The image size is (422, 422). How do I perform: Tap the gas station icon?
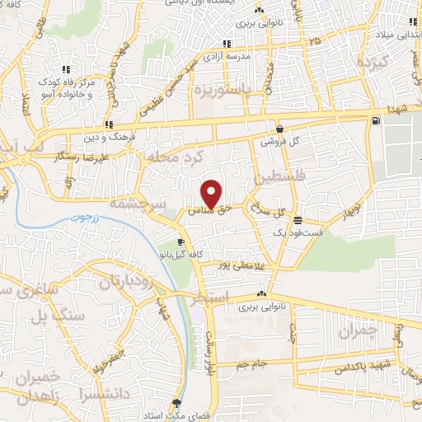[377, 122]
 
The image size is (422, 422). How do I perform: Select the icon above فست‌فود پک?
[297, 221]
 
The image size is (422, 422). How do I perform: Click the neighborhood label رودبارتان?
[129, 282]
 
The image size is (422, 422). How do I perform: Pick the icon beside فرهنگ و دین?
[109, 125]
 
